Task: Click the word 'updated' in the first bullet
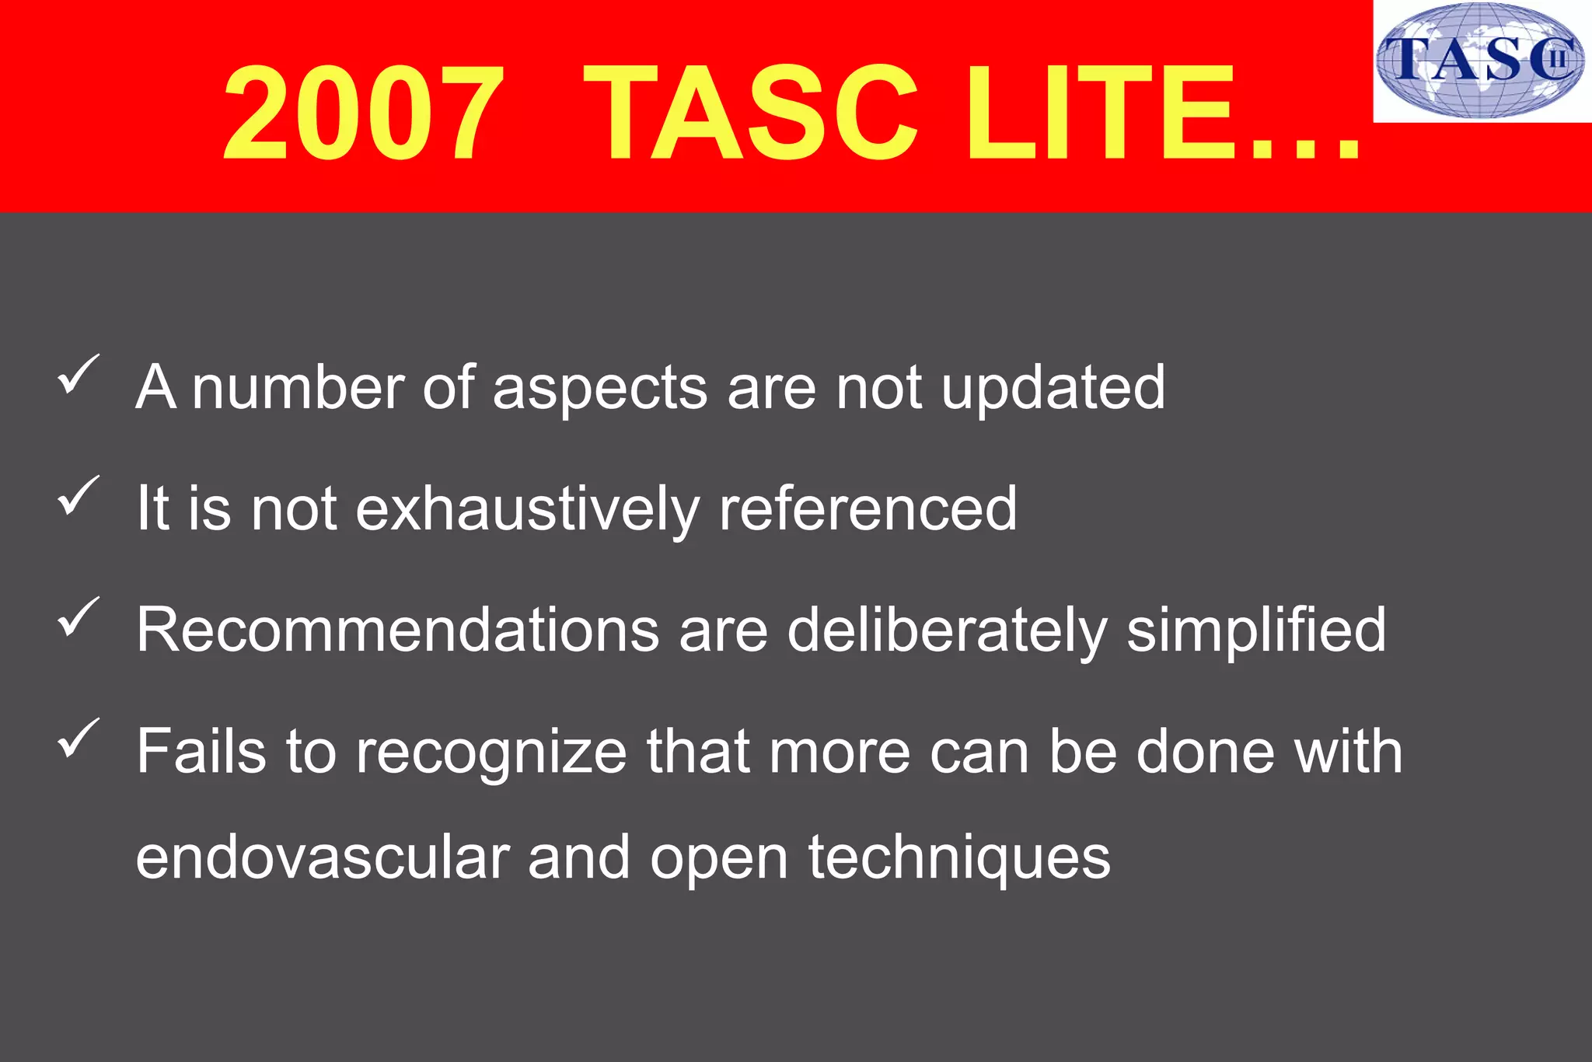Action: click(x=1053, y=387)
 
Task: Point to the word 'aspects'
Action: click(x=600, y=387)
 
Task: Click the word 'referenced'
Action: click(x=868, y=509)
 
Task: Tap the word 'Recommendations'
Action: click(x=397, y=630)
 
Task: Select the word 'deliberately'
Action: click(x=947, y=630)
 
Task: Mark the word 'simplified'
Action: click(x=1256, y=630)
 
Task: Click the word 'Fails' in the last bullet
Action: click(x=201, y=751)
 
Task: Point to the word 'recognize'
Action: click(x=491, y=751)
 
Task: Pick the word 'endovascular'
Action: click(x=323, y=858)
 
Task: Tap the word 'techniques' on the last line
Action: click(x=959, y=858)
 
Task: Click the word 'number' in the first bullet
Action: click(x=298, y=387)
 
